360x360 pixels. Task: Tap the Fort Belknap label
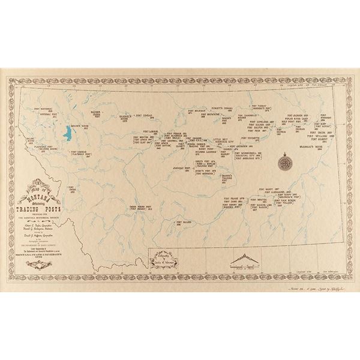click(188, 112)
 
